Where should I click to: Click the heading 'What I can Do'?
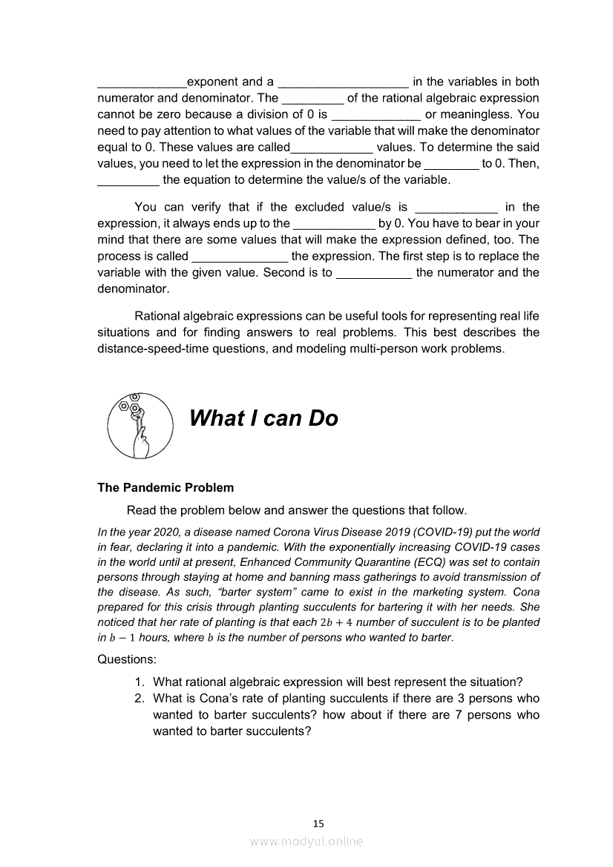pos(263,418)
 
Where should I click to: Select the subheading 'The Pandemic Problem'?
pos(165,487)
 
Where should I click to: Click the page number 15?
pos(318,823)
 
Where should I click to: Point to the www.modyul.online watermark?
pos(306,842)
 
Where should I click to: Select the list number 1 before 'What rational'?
pos(139,682)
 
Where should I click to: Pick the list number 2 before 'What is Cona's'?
pos(139,699)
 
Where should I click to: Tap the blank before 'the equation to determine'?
pos(128,181)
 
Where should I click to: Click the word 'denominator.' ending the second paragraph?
pos(133,289)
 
